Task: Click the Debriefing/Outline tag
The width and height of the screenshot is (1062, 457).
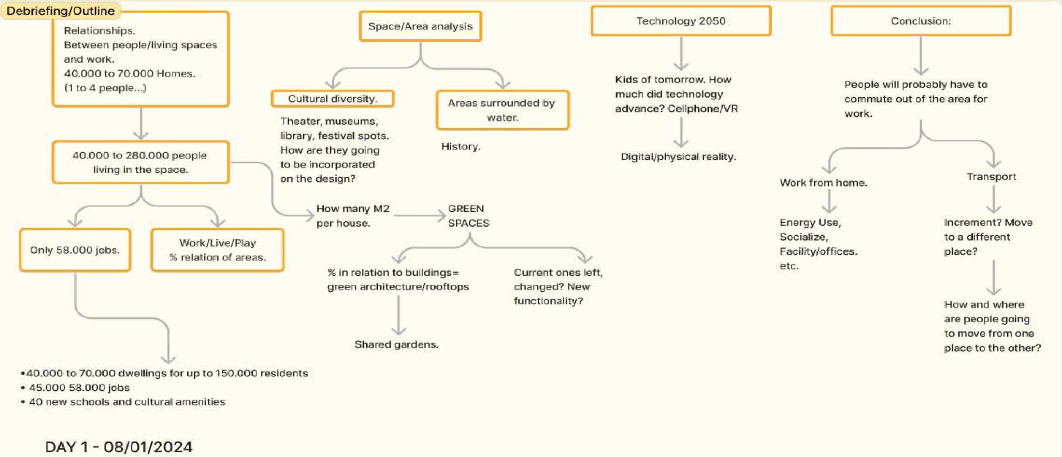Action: click(61, 11)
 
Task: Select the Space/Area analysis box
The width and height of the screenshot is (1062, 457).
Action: click(420, 26)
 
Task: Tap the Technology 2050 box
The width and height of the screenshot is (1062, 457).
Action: click(681, 20)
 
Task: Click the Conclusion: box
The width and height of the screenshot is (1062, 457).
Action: click(921, 20)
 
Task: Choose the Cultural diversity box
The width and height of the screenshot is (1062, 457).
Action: click(332, 99)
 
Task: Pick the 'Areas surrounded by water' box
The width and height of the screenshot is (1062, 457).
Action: click(502, 110)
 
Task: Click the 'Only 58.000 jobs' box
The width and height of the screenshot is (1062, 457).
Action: click(75, 250)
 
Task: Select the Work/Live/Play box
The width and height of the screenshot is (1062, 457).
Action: click(217, 250)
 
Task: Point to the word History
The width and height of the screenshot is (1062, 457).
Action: click(461, 147)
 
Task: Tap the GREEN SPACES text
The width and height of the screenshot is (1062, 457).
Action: click(468, 216)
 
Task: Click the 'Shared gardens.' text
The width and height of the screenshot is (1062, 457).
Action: click(397, 344)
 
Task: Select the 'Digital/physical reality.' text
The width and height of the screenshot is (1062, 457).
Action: click(678, 157)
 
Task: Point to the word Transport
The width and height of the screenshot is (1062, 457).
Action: click(991, 177)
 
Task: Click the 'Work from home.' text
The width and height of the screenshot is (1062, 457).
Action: click(823, 183)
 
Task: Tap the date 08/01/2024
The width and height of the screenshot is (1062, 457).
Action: click(148, 447)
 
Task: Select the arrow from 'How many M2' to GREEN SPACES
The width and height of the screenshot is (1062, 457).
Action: click(419, 215)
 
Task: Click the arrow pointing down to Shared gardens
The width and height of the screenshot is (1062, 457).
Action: click(398, 315)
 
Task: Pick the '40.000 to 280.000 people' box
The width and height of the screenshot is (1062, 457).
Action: click(140, 162)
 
